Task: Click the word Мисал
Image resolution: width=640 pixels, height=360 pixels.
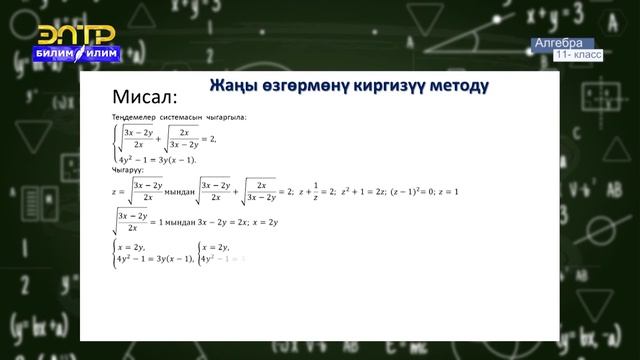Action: pyautogui.click(x=146, y=97)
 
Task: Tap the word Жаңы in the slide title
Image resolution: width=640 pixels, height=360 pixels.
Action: pyautogui.click(x=234, y=85)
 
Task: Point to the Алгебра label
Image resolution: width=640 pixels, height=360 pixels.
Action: pyautogui.click(x=558, y=44)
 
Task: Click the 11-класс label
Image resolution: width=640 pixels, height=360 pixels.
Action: pyautogui.click(x=580, y=55)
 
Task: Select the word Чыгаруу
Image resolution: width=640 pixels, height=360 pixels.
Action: pyautogui.click(x=130, y=170)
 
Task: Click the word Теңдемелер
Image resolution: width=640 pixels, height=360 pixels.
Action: pyautogui.click(x=132, y=118)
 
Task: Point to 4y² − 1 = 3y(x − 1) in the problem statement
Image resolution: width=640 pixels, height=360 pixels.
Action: pyautogui.click(x=158, y=160)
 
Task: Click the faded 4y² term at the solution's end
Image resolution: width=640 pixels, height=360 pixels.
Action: pyautogui.click(x=212, y=259)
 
